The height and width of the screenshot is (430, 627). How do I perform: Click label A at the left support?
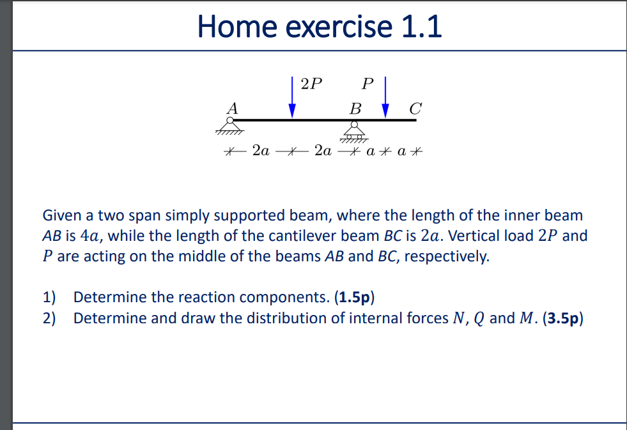coord(232,108)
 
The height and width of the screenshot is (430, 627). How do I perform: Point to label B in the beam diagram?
coord(355,108)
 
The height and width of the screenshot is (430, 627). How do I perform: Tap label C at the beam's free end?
coord(415,108)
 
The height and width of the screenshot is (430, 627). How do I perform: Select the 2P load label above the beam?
coord(311,84)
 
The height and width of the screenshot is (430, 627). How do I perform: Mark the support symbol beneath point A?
coord(229,127)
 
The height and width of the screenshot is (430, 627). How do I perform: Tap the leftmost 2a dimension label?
coord(261,152)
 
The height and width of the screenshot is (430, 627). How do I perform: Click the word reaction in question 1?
coord(176,297)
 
